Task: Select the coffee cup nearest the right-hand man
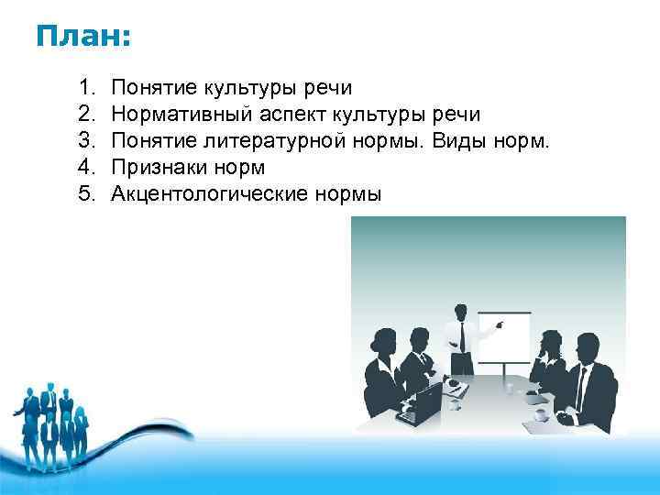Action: click(541, 414)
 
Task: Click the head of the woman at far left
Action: click(384, 344)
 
